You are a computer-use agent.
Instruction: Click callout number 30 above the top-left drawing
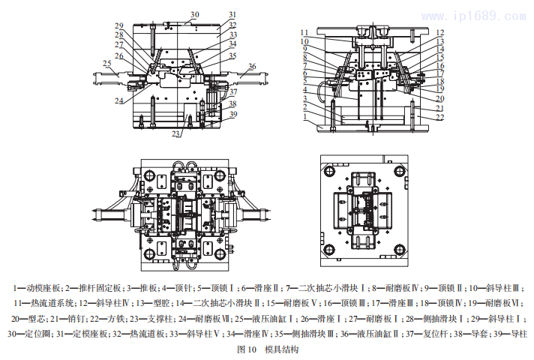194,14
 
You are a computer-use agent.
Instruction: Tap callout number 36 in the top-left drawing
252,67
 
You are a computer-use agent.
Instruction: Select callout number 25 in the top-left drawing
107,64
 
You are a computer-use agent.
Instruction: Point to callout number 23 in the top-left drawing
175,134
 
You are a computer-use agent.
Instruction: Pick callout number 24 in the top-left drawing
119,100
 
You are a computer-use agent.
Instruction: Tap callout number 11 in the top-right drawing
304,32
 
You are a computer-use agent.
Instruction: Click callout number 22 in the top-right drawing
440,118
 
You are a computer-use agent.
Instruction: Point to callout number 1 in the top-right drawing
305,118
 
